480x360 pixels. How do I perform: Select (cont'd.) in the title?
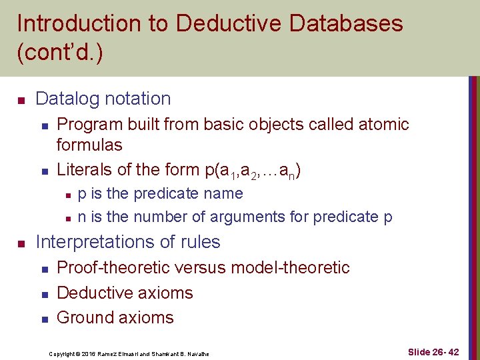pos(60,53)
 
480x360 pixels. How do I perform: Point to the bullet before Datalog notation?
pos(21,100)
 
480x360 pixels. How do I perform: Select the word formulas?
pos(89,144)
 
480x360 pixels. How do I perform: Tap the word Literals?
pos(84,169)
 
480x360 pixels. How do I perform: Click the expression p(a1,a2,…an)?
pos(254,171)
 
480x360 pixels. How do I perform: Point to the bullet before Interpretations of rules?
pos(21,243)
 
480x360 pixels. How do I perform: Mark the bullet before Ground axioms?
pos(43,319)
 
